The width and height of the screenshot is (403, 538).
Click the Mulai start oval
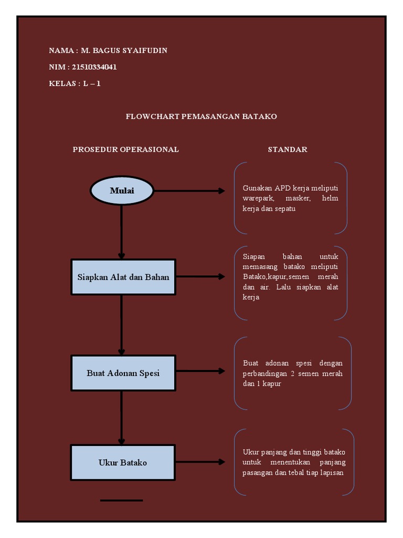coord(122,190)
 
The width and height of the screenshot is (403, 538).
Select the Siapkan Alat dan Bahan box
coord(123,276)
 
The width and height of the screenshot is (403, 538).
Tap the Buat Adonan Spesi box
coord(123,373)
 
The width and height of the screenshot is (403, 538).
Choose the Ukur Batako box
coord(123,462)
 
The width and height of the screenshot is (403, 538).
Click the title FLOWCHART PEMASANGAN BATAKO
coord(201,116)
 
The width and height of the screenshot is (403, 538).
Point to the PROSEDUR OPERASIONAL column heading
coord(125,149)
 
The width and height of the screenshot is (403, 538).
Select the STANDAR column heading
coord(287,149)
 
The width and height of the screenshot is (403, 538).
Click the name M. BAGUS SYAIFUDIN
coord(124,50)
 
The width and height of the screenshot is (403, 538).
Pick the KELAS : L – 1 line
coord(75,84)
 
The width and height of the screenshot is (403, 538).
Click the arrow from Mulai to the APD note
coord(189,191)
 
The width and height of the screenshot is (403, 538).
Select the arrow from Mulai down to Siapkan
coord(122,231)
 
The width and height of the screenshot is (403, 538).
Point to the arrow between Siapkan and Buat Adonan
coord(122,325)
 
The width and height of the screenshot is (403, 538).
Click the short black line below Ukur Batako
coord(121,500)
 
